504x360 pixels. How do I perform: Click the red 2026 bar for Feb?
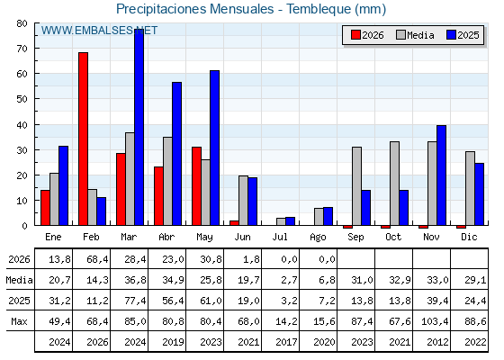pos(83,139)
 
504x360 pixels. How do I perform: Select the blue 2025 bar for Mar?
pos(139,127)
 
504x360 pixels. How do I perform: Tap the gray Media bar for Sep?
pos(356,186)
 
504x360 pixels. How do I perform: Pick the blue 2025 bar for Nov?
pos(441,175)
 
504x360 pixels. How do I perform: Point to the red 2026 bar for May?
pos(197,186)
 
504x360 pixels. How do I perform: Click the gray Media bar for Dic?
pos(470,188)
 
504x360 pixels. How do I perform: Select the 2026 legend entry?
pos(367,35)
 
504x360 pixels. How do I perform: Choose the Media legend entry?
pos(415,35)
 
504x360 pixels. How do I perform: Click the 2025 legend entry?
pos(463,35)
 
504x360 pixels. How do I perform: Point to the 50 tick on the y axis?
pos(22,99)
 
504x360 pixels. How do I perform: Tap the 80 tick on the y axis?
pos(22,23)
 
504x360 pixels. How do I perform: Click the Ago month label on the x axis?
pos(318,238)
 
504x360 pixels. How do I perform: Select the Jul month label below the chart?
pos(280,237)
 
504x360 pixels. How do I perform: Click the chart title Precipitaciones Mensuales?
pos(194,9)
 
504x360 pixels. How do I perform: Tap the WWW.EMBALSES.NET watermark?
pos(99,31)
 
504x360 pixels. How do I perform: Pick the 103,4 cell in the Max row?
pos(435,321)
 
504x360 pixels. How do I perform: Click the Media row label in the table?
pos(19,280)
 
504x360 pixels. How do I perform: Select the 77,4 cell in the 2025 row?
pos(135,301)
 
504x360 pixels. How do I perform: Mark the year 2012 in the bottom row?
pos(437,342)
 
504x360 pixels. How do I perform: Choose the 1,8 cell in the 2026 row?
pos(251,259)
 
